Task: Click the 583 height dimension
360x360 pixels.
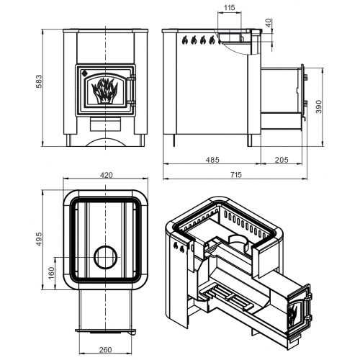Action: coord(39,81)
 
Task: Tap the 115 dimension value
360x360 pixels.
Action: coord(229,8)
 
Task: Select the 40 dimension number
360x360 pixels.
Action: coord(269,23)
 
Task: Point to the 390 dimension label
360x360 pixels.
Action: coord(319,107)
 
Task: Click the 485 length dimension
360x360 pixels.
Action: coord(212,160)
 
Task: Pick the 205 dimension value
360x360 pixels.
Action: coord(282,160)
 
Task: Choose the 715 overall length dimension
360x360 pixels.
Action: coord(236,175)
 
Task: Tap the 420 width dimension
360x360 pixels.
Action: coord(106,175)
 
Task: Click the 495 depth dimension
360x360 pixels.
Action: coord(39,239)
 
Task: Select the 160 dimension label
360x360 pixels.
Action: coord(51,273)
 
